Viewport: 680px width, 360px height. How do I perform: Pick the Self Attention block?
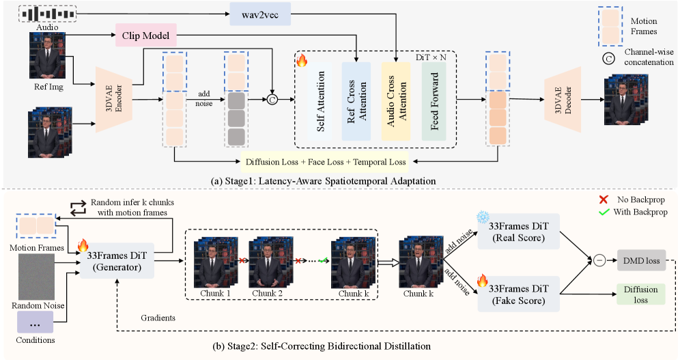tap(320, 102)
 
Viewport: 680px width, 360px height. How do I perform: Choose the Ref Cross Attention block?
tap(356, 102)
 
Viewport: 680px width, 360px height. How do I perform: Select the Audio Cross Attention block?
tap(395, 102)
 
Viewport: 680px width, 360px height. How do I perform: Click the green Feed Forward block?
tap(434, 102)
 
